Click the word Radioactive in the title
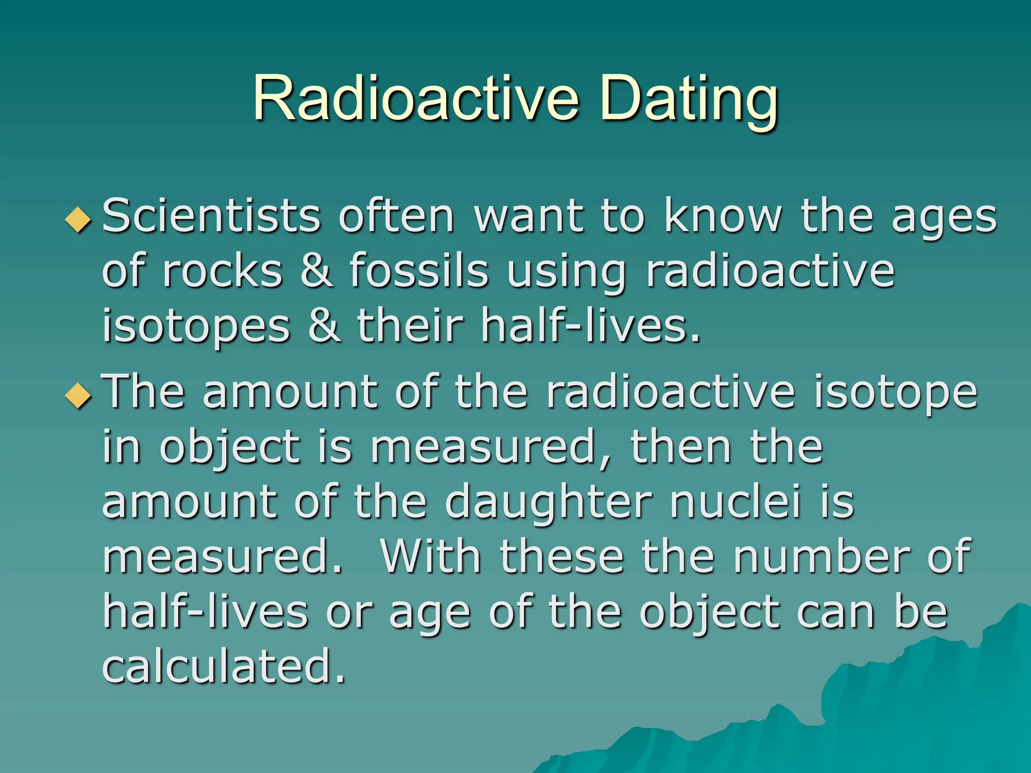(415, 98)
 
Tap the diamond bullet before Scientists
(79, 220)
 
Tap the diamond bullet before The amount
(79, 396)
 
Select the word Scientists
(211, 216)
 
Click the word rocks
(222, 272)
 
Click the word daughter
(548, 503)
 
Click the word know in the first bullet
(723, 216)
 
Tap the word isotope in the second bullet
(895, 394)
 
